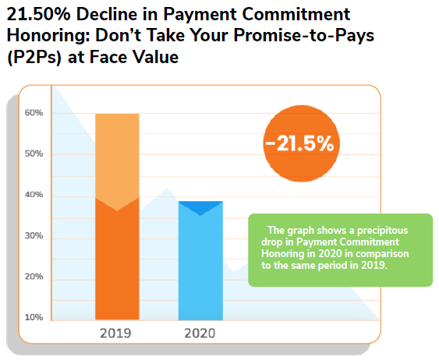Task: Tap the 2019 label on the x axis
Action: point(117,334)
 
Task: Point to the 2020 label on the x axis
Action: point(200,334)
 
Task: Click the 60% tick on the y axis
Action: point(34,113)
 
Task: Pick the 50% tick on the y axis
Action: point(34,154)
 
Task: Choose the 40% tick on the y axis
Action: point(34,195)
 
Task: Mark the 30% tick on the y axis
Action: point(34,236)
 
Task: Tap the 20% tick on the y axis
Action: point(34,277)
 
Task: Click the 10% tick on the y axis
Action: point(34,317)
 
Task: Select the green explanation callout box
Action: point(340,249)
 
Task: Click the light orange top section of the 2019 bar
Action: point(117,156)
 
